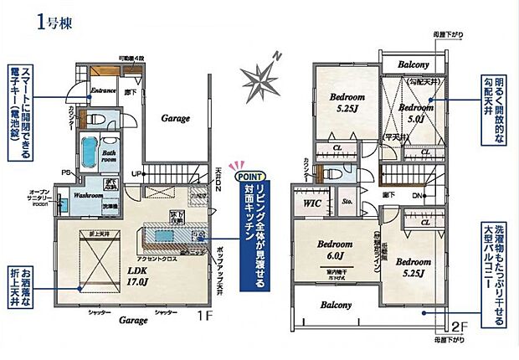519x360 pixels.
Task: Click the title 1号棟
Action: coord(55,22)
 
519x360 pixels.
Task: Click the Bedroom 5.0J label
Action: coord(415,113)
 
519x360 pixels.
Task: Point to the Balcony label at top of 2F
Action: coord(414,64)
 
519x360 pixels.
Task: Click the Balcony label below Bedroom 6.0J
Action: coord(337,306)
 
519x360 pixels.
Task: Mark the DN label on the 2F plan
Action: coord(419,195)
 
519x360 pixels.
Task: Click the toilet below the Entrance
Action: coord(93,117)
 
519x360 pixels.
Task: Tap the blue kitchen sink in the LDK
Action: coord(165,237)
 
